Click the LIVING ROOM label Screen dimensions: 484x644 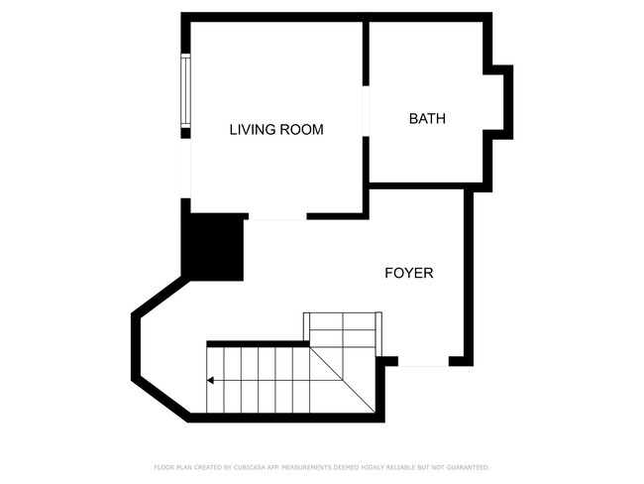click(276, 130)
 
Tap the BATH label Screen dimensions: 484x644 click(427, 119)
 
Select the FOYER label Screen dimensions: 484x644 click(408, 273)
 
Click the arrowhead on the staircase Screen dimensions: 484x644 click(211, 379)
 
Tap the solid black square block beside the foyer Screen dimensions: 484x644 click(213, 247)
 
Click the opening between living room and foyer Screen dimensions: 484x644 click(276, 217)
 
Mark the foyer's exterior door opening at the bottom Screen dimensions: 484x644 click(423, 363)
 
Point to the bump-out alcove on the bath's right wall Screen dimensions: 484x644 click(502, 101)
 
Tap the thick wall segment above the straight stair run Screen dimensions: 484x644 click(258, 343)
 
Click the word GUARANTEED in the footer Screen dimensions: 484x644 click(468, 467)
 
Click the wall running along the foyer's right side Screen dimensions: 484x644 click(469, 273)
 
